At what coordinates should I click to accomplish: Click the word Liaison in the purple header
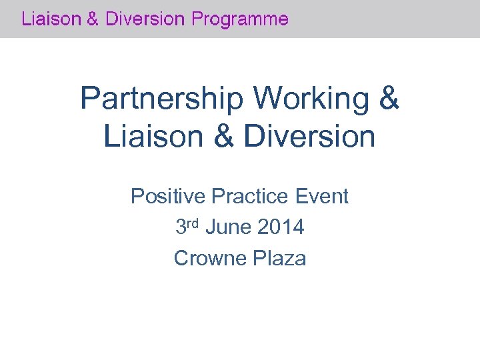pyautogui.click(x=49, y=19)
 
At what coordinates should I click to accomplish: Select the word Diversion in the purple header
pyautogui.click(x=143, y=19)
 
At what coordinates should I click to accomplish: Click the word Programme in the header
pyautogui.click(x=240, y=20)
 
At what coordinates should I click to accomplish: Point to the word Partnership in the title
pyautogui.click(x=163, y=99)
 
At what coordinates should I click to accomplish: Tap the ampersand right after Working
pyautogui.click(x=389, y=99)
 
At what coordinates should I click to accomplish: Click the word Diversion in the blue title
pyautogui.click(x=309, y=137)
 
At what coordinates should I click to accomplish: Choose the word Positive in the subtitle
pyautogui.click(x=168, y=197)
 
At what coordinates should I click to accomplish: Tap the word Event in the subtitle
pyautogui.click(x=322, y=197)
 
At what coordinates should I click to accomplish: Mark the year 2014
pyautogui.click(x=280, y=228)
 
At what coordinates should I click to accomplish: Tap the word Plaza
pyautogui.click(x=280, y=258)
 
